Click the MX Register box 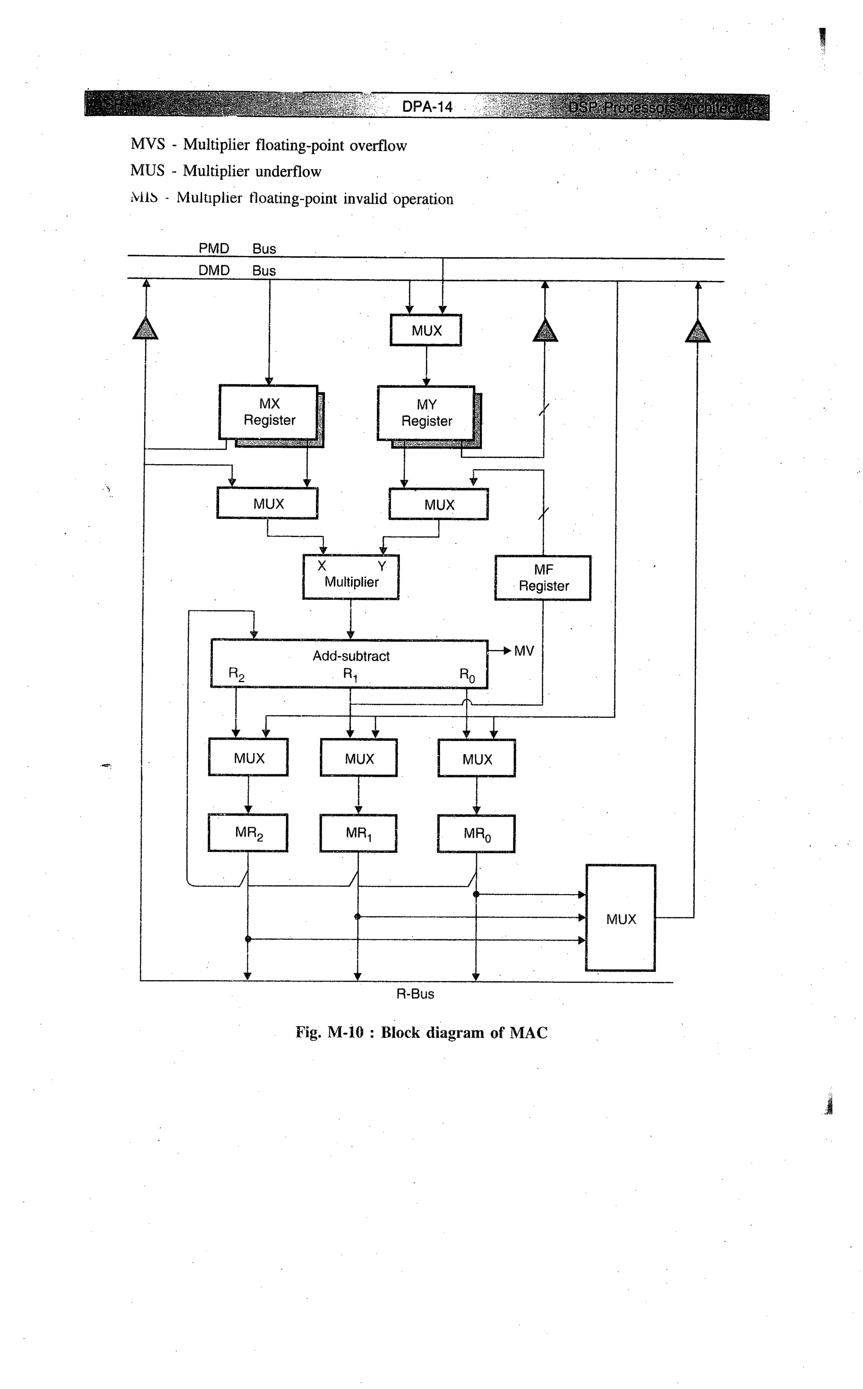(x=268, y=412)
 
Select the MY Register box (x=426, y=414)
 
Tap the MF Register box (x=543, y=578)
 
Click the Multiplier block (x=351, y=577)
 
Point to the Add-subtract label (x=351, y=656)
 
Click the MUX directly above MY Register (x=426, y=330)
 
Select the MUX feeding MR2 (x=248, y=758)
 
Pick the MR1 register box (x=359, y=833)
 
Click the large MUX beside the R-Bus (x=620, y=919)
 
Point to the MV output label (x=523, y=651)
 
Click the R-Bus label (x=415, y=994)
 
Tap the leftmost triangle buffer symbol (x=145, y=329)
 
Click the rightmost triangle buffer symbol (x=697, y=332)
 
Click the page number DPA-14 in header (x=427, y=107)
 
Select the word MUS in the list (x=147, y=170)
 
